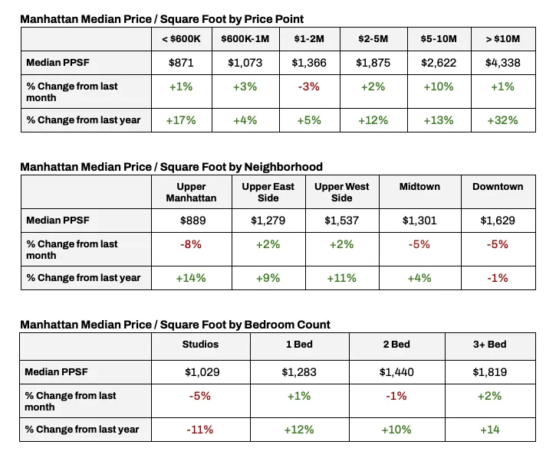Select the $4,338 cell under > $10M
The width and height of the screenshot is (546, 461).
coord(502,64)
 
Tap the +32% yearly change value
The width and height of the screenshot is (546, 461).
coord(502,120)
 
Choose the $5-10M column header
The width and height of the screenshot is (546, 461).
coord(438,38)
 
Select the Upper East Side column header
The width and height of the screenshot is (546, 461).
coord(268,192)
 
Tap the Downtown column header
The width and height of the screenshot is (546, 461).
coord(498,187)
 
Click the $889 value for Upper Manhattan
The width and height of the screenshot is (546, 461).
coord(191,221)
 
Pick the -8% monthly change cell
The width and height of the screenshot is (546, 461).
coord(191,244)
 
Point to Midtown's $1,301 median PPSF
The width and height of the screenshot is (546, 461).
coord(419,221)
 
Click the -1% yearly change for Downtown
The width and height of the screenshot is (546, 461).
coord(498,278)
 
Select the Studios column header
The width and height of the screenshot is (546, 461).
coord(200,345)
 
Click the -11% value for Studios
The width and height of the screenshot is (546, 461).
coord(200,430)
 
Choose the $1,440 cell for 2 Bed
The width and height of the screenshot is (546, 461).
coord(396,372)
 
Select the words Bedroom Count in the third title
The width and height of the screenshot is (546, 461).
coord(287,325)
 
